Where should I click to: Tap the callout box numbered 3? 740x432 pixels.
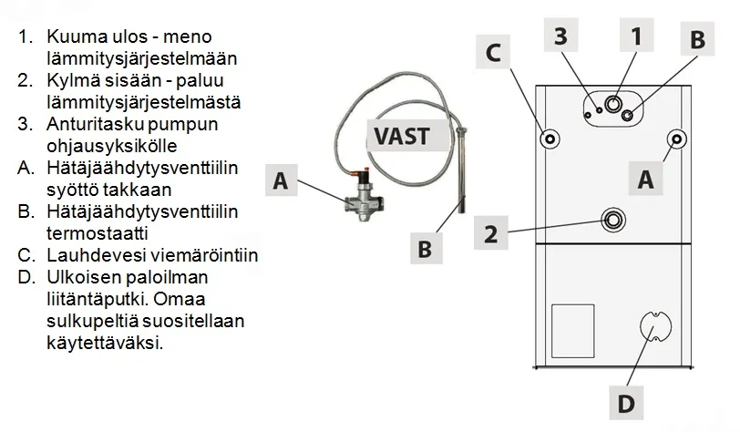pyautogui.click(x=561, y=36)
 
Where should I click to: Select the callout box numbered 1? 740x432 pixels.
pyautogui.click(x=635, y=36)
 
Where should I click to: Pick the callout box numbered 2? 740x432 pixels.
pyautogui.click(x=490, y=233)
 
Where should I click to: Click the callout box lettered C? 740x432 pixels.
pyautogui.click(x=492, y=54)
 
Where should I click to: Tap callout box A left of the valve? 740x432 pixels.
pyautogui.click(x=281, y=181)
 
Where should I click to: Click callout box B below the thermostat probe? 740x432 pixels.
pyautogui.click(x=424, y=246)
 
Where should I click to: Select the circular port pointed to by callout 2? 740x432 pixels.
pyautogui.click(x=613, y=220)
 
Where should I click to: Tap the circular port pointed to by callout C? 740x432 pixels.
pyautogui.click(x=550, y=139)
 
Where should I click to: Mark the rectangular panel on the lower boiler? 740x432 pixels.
pyautogui.click(x=574, y=328)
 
